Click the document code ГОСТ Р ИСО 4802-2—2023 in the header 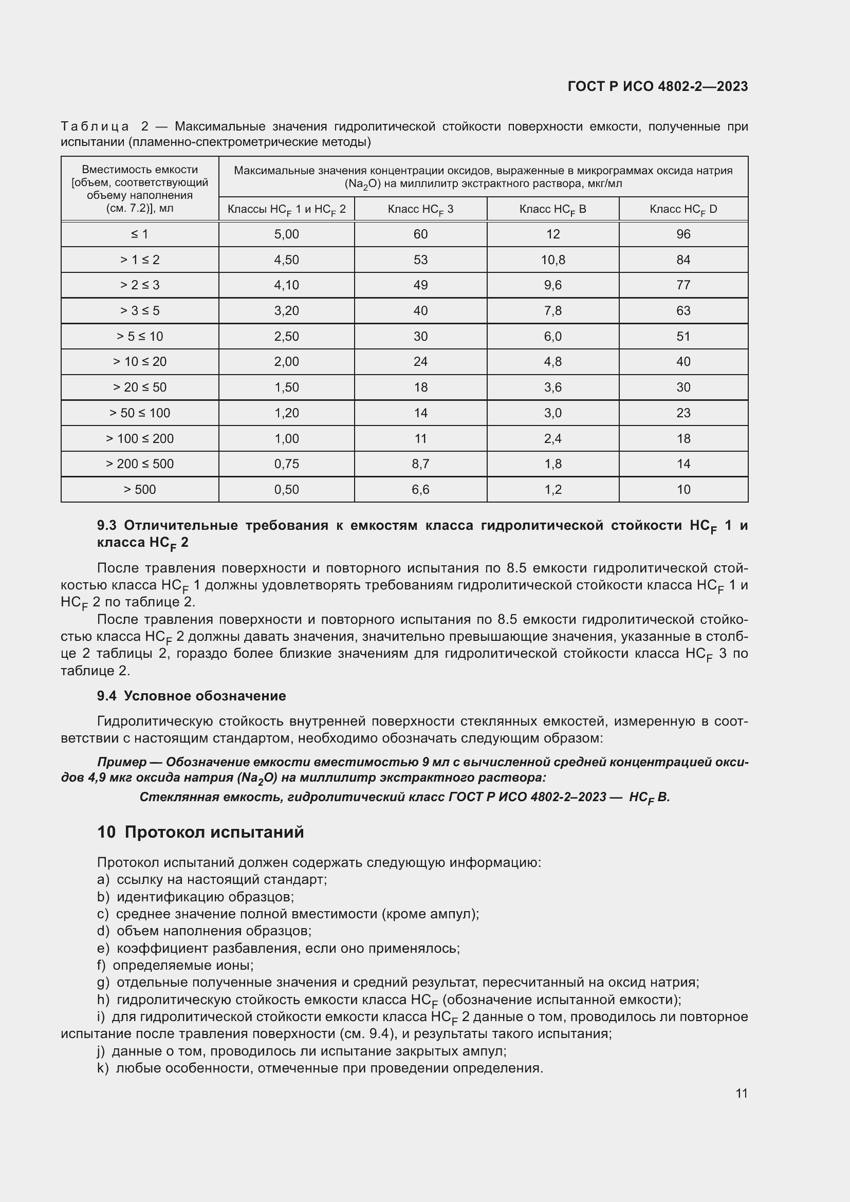point(657,86)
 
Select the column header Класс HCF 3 point(420,209)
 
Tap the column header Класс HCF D point(683,209)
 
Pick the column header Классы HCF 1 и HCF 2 point(286,209)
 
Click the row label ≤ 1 point(140,234)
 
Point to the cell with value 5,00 point(286,234)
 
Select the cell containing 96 point(683,234)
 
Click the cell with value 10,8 point(553,260)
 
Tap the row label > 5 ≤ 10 point(140,336)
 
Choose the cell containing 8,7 point(420,464)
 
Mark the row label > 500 point(140,490)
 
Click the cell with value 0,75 point(286,464)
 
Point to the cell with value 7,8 point(553,310)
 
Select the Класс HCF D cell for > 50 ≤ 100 point(683,413)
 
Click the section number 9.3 point(107,526)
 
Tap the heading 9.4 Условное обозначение point(192,696)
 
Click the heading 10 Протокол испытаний point(200,832)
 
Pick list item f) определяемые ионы point(175,965)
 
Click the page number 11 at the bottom point(741,1093)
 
